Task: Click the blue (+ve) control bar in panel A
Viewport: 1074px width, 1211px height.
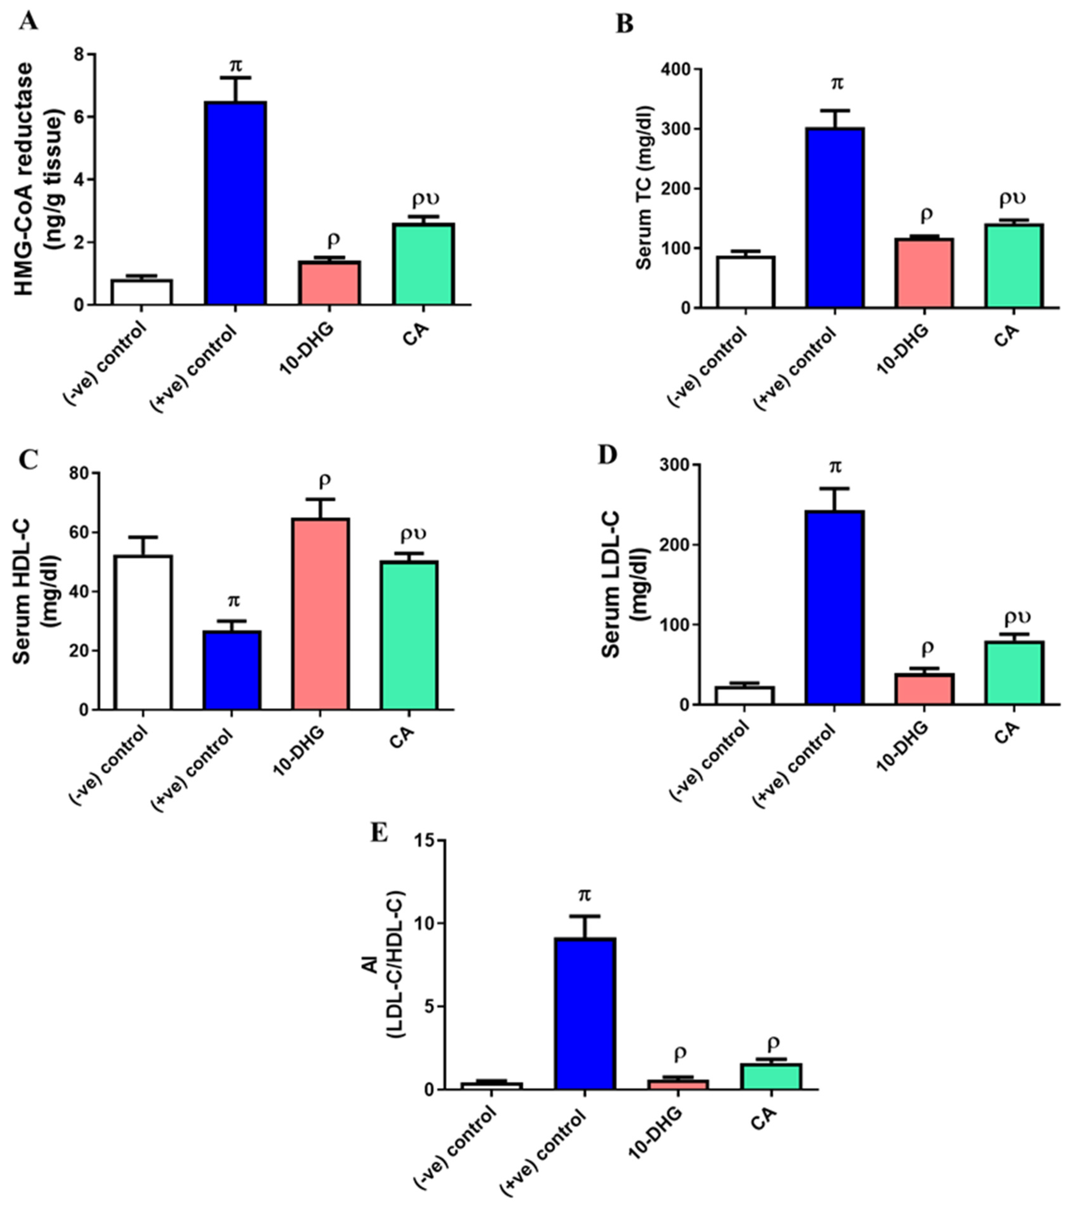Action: (x=235, y=203)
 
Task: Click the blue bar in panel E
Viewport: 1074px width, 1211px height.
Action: (x=585, y=1014)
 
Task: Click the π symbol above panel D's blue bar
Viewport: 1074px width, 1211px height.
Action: (x=835, y=467)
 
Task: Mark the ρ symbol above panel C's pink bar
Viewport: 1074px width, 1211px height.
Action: (x=324, y=480)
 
